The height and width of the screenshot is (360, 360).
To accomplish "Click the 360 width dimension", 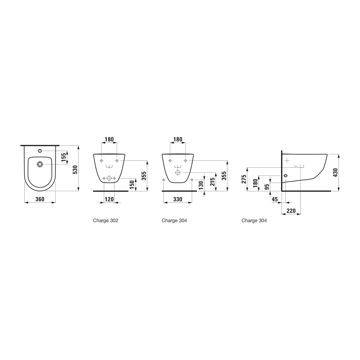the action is tap(40, 199).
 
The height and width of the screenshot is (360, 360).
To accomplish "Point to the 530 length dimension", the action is tap(75, 169).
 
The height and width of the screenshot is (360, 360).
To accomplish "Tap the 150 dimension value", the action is tap(132, 185).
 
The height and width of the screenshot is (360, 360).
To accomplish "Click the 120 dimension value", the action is tap(109, 199).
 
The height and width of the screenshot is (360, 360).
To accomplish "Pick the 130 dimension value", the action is tap(201, 185).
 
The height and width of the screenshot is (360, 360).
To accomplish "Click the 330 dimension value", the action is tap(178, 199).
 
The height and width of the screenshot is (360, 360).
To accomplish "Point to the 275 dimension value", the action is tap(244, 179).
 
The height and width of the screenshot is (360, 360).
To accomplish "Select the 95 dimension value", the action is tap(267, 187).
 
